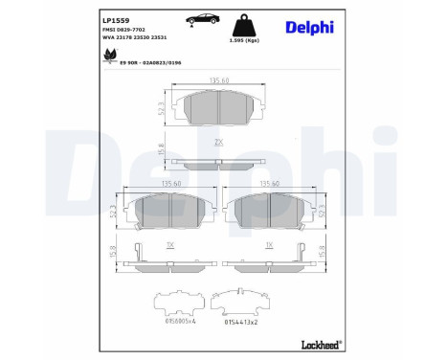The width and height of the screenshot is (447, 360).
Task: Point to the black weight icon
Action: coord(244,24)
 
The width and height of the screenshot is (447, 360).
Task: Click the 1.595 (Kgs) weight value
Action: coord(245,40)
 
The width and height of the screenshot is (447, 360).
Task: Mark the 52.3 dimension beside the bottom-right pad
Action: coord(323,210)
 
